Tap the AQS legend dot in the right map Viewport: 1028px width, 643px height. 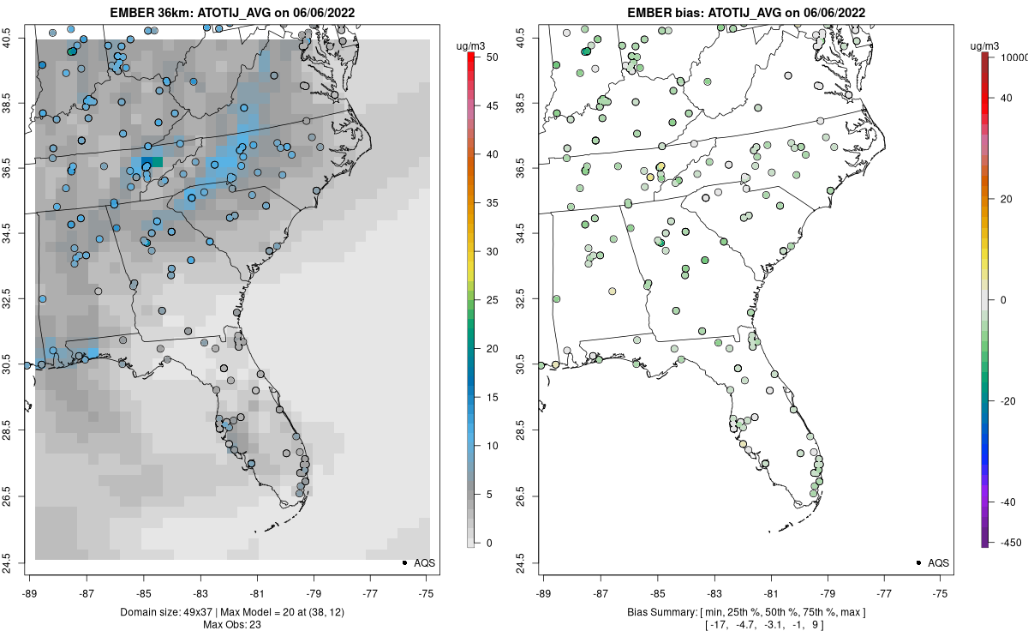(917, 562)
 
